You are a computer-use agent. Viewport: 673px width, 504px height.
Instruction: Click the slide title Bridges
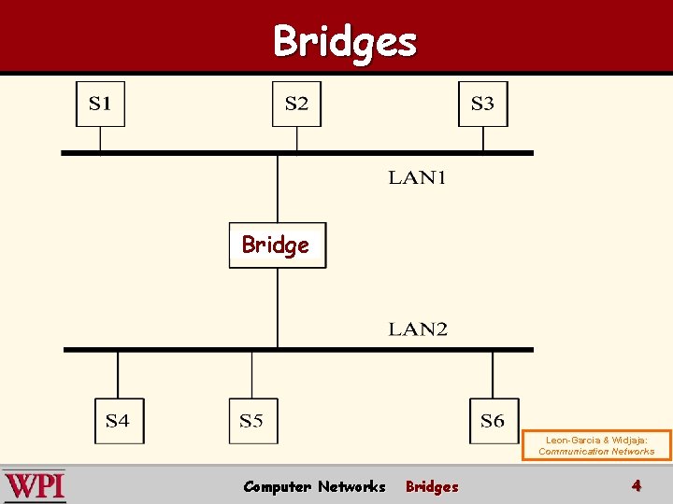(344, 41)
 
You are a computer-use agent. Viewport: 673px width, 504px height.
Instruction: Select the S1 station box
(100, 104)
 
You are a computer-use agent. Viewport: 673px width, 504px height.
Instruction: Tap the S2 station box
(296, 104)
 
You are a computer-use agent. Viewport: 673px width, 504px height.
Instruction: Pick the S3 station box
(483, 104)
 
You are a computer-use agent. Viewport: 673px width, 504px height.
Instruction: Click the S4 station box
(119, 421)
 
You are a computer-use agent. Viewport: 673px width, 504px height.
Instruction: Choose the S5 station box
(252, 421)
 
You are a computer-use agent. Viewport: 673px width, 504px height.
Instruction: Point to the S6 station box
(493, 421)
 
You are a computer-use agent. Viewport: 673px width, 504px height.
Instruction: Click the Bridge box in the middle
(278, 245)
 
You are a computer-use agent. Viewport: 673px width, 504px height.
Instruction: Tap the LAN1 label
(417, 178)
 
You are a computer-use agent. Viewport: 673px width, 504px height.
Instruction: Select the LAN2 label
(418, 329)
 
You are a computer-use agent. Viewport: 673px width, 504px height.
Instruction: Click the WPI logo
(35, 485)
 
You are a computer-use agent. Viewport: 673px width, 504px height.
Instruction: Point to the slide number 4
(636, 485)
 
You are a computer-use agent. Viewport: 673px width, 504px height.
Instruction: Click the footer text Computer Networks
(314, 486)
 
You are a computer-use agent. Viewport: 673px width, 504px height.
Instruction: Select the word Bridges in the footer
(432, 486)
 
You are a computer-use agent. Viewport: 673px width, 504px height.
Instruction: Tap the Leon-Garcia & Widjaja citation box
(596, 444)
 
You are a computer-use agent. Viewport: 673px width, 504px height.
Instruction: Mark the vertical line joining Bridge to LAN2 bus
(278, 308)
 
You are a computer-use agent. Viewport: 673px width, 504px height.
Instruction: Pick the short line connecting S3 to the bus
(483, 138)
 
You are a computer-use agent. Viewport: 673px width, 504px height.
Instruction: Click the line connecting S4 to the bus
(118, 374)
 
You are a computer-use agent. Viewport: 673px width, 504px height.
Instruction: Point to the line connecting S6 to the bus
(493, 374)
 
